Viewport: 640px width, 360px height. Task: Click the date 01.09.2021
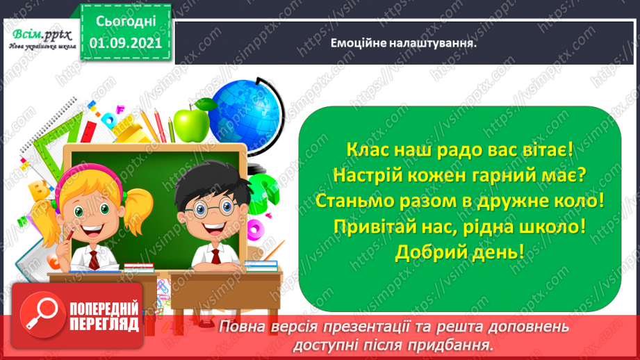(x=126, y=43)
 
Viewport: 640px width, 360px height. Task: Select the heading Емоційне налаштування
(x=407, y=43)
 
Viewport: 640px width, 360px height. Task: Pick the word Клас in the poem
(x=366, y=149)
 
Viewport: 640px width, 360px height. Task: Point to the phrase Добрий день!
(x=459, y=252)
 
